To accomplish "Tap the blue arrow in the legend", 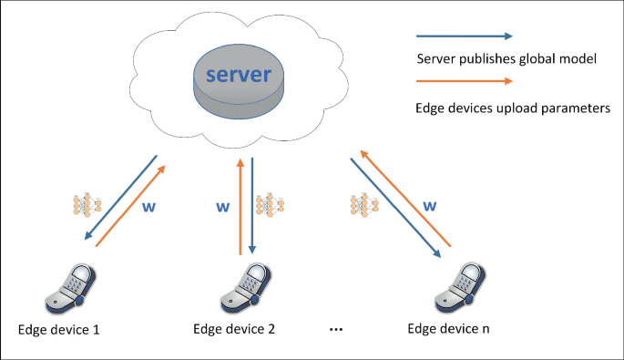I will (464, 37).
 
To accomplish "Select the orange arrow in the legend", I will (464, 84).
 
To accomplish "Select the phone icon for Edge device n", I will (455, 289).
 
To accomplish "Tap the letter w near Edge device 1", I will (151, 207).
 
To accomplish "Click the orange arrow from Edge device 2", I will (240, 206).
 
